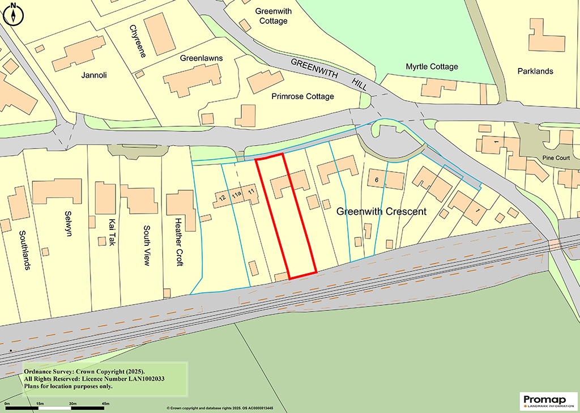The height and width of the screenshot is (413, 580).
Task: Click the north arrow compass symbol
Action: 12,14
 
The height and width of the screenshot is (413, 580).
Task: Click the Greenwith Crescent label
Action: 381,212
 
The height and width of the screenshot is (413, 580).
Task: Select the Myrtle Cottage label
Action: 432,67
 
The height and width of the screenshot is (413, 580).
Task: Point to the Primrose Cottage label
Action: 302,96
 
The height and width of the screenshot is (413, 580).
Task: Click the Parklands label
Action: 535,71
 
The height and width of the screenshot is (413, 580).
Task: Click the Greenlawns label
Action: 201,58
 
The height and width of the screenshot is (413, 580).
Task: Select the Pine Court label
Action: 555,159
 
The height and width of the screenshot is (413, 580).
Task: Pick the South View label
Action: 146,245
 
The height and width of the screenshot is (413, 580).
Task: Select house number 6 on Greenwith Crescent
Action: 376,180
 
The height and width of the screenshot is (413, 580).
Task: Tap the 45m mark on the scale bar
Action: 105,403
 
